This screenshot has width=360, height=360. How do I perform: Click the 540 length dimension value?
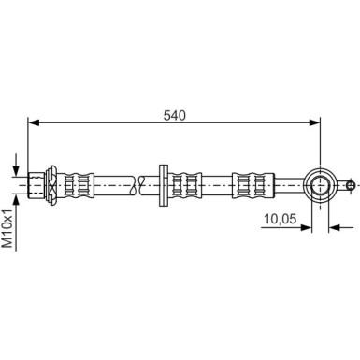point(175,116)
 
